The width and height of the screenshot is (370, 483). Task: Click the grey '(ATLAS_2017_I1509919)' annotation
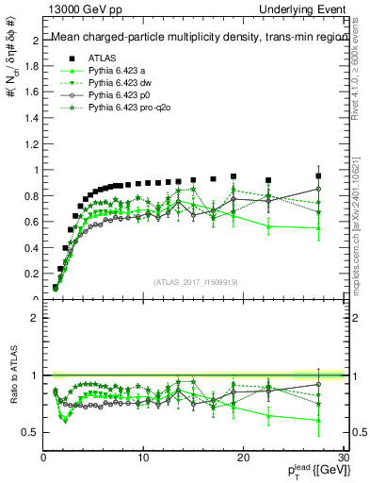196,281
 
